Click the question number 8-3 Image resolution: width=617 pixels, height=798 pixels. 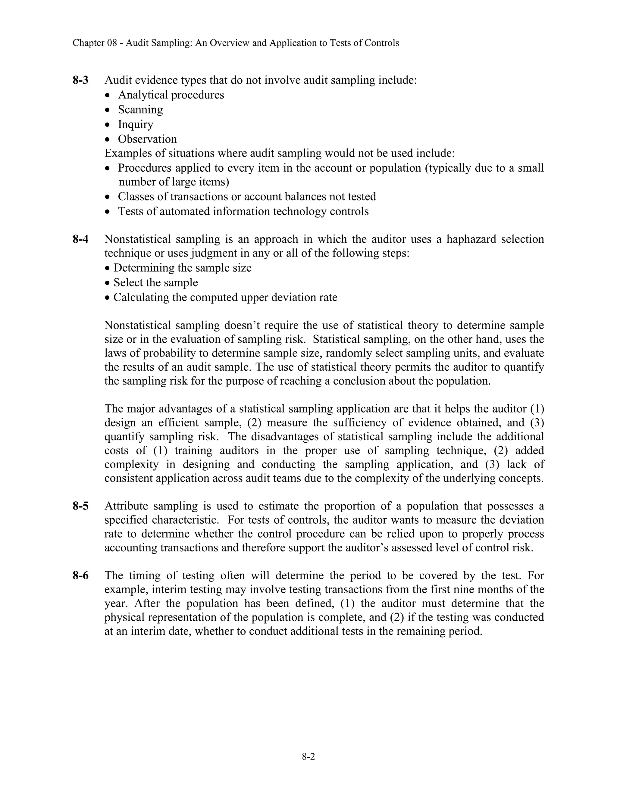tap(80, 80)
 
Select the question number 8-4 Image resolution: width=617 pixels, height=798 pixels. tap(80, 239)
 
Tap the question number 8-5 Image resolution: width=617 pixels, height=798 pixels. tap(80, 506)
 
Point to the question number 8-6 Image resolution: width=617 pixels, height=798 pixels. tap(80, 575)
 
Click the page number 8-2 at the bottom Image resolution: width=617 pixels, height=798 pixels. tap(308, 757)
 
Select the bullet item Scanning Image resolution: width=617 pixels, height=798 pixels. tap(140, 110)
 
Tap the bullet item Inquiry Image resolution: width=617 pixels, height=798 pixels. tap(135, 124)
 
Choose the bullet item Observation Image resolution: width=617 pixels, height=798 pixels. tap(147, 139)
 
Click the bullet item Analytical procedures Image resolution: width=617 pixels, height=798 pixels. tap(171, 95)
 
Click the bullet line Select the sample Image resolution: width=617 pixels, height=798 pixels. tap(155, 282)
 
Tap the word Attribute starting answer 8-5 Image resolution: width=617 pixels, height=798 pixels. tap(126, 506)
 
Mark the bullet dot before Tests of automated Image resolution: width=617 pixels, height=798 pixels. tap(107, 212)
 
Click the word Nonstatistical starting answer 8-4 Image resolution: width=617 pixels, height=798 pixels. tap(137, 239)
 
